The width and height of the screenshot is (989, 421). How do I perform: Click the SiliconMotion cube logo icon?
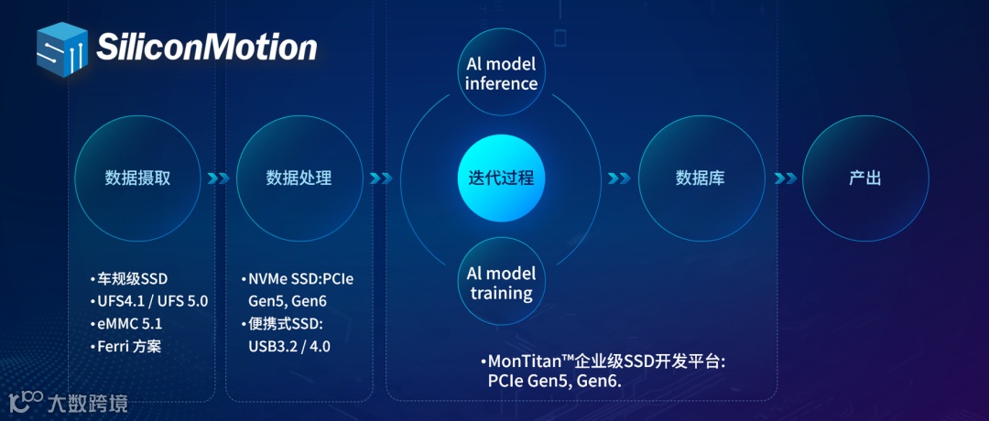click(62, 48)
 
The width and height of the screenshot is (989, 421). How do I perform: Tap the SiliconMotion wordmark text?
click(206, 48)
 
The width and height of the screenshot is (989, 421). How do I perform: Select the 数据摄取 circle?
click(137, 178)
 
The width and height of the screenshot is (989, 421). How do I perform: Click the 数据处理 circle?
click(299, 178)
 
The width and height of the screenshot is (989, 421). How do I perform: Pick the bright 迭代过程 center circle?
click(501, 177)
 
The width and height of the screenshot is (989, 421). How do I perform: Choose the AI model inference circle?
click(501, 74)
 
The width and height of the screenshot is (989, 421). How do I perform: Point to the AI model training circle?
click(501, 283)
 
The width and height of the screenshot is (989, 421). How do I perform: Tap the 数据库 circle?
click(701, 178)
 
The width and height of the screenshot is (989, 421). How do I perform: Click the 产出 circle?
click(864, 178)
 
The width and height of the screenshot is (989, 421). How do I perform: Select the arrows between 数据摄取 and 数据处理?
click(218, 178)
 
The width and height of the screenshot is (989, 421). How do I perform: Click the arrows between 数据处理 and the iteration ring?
click(381, 178)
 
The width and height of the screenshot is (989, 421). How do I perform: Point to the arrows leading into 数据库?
click(619, 178)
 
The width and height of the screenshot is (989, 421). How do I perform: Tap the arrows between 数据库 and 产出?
click(784, 178)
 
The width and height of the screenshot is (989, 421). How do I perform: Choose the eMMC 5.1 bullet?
click(129, 324)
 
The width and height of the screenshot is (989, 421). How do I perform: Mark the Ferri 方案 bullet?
click(129, 347)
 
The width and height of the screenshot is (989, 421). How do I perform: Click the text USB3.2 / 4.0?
click(289, 346)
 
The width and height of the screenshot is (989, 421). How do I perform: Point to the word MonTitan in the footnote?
click(527, 362)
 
